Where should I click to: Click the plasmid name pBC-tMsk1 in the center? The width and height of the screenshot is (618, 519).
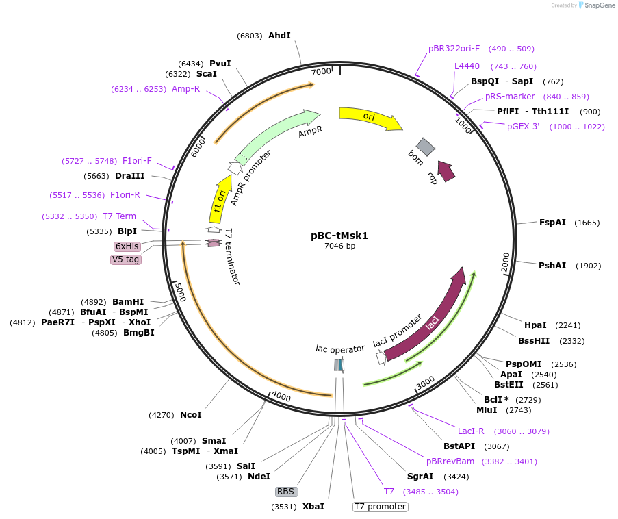339,236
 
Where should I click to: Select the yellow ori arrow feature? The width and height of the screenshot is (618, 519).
370,118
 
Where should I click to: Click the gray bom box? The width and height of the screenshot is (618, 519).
426,147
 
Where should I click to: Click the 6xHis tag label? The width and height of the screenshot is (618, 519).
127,246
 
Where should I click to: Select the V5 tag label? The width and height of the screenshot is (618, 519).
126,259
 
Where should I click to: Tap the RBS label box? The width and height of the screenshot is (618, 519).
285,492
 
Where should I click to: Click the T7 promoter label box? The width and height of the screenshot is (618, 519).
380,507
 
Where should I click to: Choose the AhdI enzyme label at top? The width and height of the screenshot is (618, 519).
279,36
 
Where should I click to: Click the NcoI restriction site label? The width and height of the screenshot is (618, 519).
191,415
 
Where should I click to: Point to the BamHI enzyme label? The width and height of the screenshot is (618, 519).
128,301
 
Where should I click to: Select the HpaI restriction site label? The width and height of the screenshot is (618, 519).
535,325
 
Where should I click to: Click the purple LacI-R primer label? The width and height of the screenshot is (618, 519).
471,431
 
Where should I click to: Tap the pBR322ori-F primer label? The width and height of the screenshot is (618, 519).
454,49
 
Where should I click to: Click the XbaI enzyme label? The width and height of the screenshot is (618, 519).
313,507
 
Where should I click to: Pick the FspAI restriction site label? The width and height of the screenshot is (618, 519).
552,223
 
